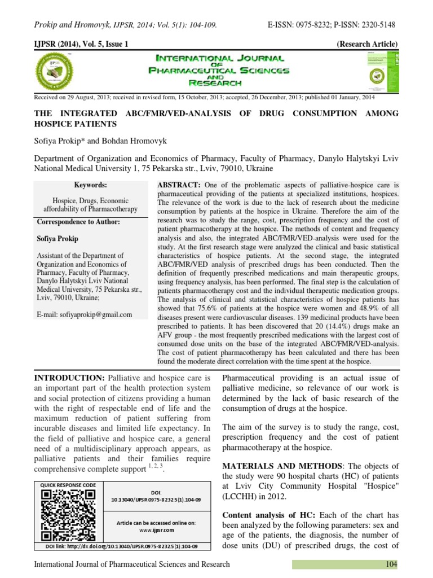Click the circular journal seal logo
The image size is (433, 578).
tap(55, 71)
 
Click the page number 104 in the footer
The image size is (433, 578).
tap(391, 564)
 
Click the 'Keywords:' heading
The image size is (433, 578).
tap(90, 185)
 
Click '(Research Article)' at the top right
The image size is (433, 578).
tap(367, 44)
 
